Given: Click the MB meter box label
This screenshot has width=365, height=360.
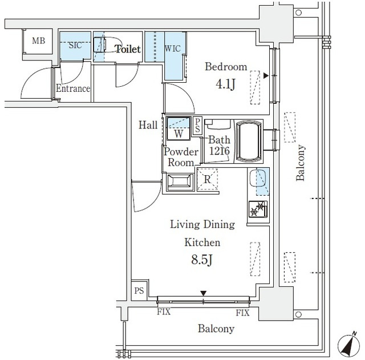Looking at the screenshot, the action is click(x=38, y=41).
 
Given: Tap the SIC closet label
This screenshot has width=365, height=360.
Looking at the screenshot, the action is click(x=75, y=45).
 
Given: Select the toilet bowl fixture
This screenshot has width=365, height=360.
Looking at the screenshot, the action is click(x=100, y=45).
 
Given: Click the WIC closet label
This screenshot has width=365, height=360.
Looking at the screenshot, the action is click(x=172, y=48).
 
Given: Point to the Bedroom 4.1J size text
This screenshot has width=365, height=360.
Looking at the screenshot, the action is click(x=225, y=84).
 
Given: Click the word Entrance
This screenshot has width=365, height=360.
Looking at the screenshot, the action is click(x=73, y=88).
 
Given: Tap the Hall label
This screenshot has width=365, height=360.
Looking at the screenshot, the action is click(x=148, y=125).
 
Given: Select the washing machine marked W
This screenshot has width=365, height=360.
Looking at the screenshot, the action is click(x=179, y=128).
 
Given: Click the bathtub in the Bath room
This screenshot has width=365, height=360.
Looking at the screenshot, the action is click(x=249, y=141).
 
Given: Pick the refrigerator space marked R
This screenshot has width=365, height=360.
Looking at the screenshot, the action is click(x=208, y=179).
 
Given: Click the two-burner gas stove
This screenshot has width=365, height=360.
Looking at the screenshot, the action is click(x=258, y=209).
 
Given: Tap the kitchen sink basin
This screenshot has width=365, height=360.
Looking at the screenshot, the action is click(x=257, y=178).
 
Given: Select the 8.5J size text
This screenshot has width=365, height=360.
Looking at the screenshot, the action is click(x=202, y=260).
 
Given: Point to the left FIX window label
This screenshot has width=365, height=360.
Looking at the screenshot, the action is click(x=164, y=312).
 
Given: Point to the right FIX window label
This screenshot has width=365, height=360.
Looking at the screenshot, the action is click(x=242, y=313).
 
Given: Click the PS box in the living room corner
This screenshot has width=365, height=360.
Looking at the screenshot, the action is click(x=139, y=290).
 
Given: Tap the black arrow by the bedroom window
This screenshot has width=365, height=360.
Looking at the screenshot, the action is click(x=266, y=76).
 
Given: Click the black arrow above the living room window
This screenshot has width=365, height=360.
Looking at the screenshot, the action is click(x=204, y=293).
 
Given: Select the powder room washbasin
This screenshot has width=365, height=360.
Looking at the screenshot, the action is click(x=180, y=183).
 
